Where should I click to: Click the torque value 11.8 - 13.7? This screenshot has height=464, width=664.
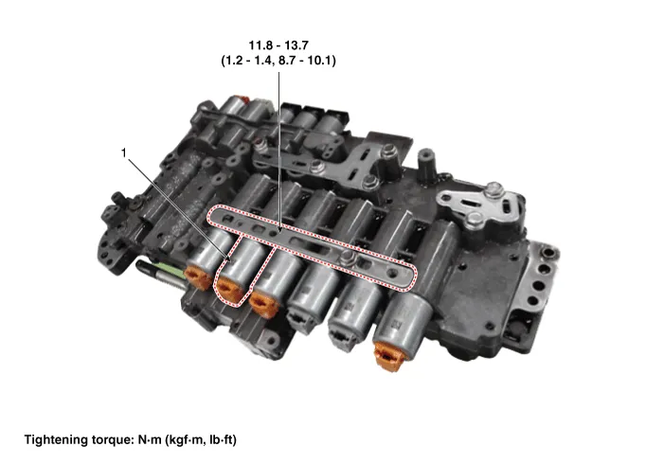tap(278, 45)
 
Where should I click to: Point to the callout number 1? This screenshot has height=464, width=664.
tap(124, 152)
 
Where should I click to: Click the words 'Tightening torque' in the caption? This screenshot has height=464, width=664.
tap(79, 439)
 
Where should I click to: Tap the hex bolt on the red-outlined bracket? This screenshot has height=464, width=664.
tap(348, 257)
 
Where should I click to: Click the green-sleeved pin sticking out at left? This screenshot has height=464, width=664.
tap(161, 270)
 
